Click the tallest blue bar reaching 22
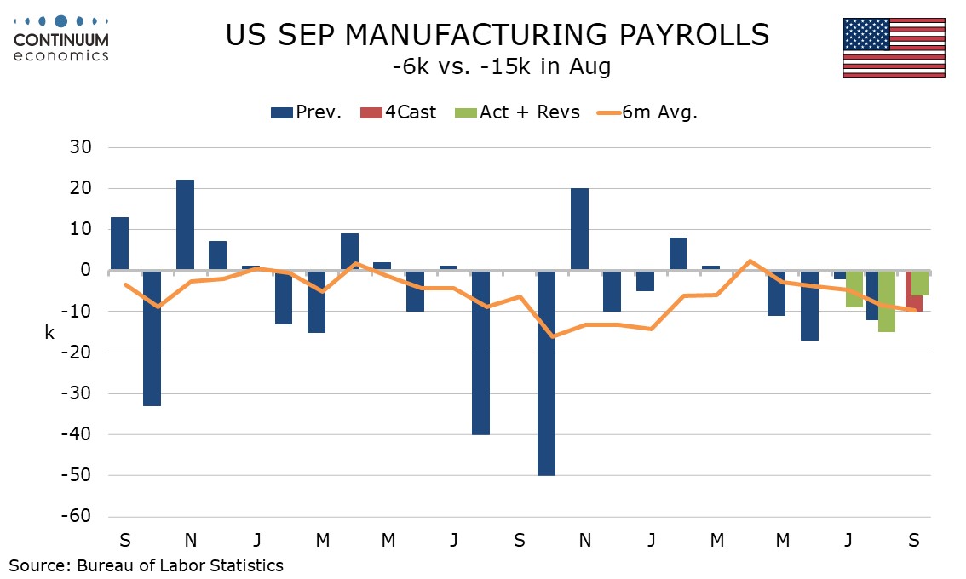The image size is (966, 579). click(x=186, y=225)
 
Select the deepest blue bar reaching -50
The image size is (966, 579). click(x=546, y=372)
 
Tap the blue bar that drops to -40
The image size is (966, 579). click(x=480, y=352)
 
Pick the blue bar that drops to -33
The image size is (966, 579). click(x=152, y=337)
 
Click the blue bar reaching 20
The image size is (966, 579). click(x=579, y=229)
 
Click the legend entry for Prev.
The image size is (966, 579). click(x=306, y=112)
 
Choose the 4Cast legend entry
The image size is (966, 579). click(x=399, y=112)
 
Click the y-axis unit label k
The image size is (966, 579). click(x=49, y=334)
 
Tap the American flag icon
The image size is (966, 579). click(x=894, y=48)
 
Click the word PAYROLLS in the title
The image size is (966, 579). click(x=678, y=35)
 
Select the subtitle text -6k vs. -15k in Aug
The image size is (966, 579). click(x=496, y=67)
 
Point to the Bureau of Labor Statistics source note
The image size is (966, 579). click(x=147, y=565)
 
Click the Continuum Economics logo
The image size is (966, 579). click(x=61, y=38)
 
